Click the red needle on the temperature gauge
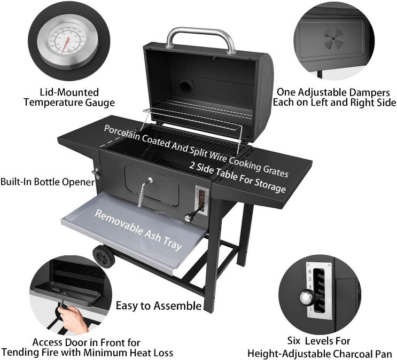click(66, 45)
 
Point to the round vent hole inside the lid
click(186, 88)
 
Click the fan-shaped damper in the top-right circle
click(333, 39)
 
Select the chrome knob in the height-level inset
click(307, 298)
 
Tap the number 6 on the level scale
click(309, 272)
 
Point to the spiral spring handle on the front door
click(144, 193)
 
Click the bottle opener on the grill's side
click(96, 174)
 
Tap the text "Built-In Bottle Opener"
click(48, 182)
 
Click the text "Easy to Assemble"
click(159, 306)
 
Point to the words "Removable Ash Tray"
click(138, 230)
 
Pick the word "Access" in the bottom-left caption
click(47, 342)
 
